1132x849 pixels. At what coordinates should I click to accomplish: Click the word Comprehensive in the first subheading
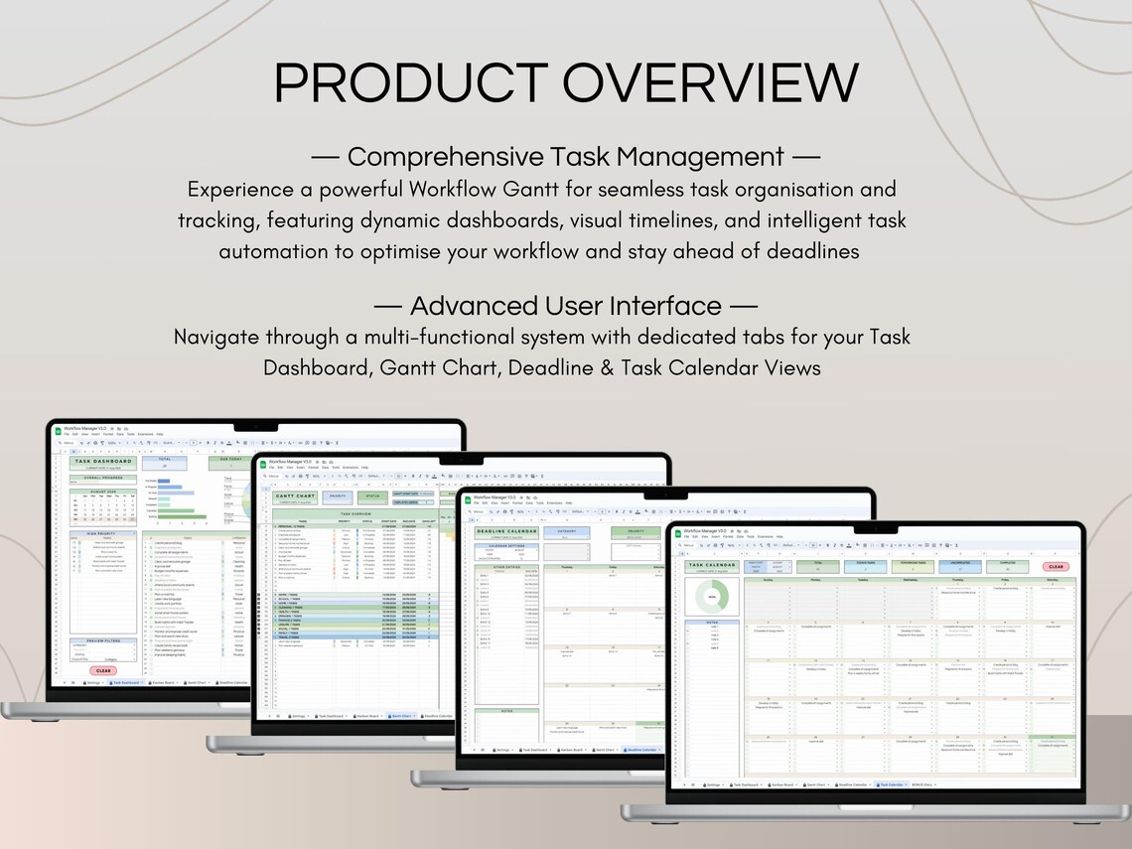coord(461,157)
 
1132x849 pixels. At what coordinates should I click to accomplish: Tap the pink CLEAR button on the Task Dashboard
coord(103,670)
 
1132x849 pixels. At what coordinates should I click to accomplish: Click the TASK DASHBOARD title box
coord(102,462)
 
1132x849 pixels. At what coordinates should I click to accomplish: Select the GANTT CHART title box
coord(295,495)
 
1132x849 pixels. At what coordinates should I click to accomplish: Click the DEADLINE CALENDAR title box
coord(506,531)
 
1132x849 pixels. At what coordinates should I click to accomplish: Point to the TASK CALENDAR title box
coord(712,566)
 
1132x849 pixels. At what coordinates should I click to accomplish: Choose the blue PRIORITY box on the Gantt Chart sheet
coord(338,495)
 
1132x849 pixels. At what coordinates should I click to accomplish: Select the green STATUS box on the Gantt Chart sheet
coord(371,495)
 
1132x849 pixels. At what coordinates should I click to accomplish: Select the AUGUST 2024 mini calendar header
coord(103,491)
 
